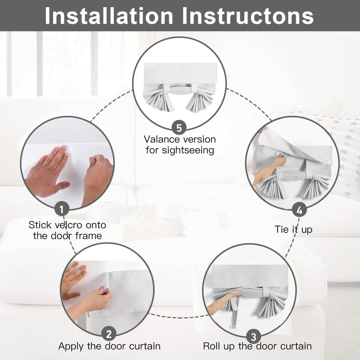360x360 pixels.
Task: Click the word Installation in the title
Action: point(109,16)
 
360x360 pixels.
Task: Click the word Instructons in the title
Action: point(248,16)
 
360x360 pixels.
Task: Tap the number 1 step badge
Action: point(62,209)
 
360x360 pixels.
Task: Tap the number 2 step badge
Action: point(109,333)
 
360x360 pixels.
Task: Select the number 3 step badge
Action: point(253,337)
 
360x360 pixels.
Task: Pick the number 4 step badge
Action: point(299,210)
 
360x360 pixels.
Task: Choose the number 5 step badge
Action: point(179,128)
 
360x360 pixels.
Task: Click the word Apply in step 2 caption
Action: point(71,346)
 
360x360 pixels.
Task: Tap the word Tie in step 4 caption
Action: point(281,229)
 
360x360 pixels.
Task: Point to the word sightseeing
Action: point(188,150)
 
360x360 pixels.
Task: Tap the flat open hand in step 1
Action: point(47,172)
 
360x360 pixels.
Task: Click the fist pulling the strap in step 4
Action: point(279,160)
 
